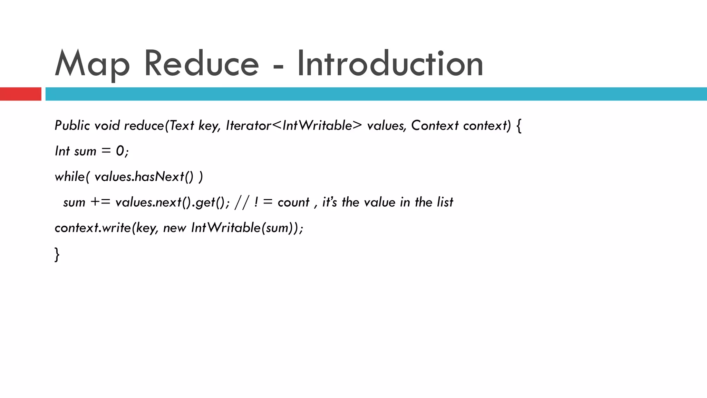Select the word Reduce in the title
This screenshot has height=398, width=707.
[201, 64]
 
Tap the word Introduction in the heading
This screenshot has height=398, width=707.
[390, 64]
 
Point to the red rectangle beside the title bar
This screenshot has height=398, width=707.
[20, 94]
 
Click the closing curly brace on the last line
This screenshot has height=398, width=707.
[57, 254]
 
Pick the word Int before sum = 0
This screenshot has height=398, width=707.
[62, 151]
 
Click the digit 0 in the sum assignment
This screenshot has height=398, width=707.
[120, 151]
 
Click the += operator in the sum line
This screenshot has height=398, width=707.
[100, 202]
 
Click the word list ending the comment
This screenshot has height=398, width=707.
[445, 202]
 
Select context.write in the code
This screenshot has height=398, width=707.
[93, 228]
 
